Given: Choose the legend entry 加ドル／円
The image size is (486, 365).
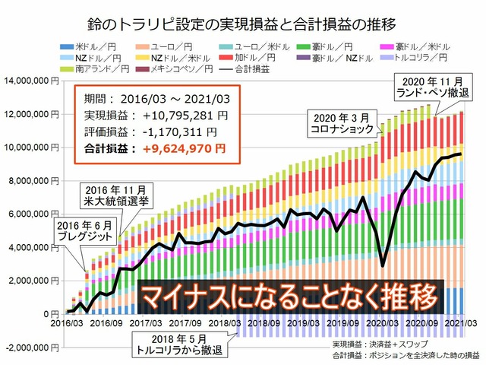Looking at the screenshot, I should [x=253, y=58].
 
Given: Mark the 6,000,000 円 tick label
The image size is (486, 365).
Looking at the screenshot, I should [x=29, y=214].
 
